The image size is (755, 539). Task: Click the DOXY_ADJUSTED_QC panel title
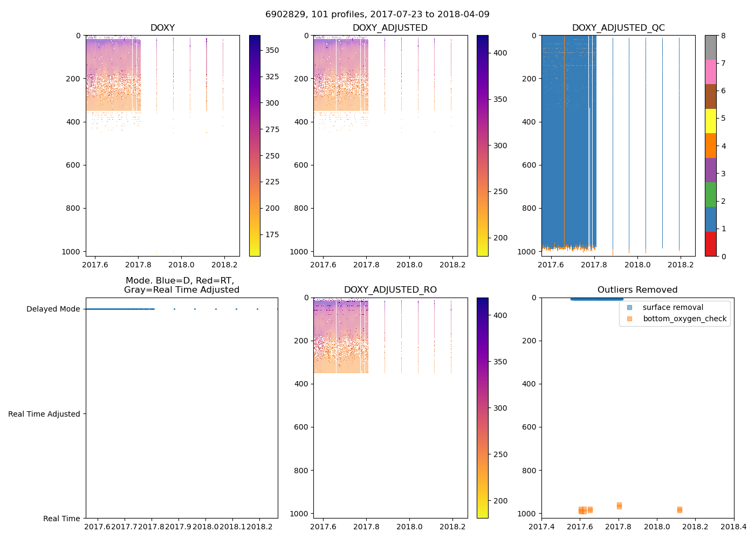618,28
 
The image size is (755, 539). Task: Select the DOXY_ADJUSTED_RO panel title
390,290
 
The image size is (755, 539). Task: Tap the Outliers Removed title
637,290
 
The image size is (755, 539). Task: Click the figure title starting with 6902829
377,15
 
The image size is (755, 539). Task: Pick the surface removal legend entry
672,307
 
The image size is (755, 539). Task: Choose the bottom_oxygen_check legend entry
684,319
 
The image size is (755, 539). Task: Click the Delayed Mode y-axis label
53,309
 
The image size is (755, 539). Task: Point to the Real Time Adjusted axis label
44,414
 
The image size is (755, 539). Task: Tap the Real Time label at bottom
61,519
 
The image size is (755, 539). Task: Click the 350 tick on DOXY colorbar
272,50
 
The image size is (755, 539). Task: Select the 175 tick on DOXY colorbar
272,234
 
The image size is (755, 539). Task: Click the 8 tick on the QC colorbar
723,36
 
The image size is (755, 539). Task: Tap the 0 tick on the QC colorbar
723,256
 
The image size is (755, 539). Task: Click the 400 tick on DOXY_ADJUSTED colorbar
500,53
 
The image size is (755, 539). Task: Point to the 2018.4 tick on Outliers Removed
733,527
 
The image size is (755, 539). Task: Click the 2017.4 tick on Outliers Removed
541,527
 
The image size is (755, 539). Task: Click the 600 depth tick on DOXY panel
74,165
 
